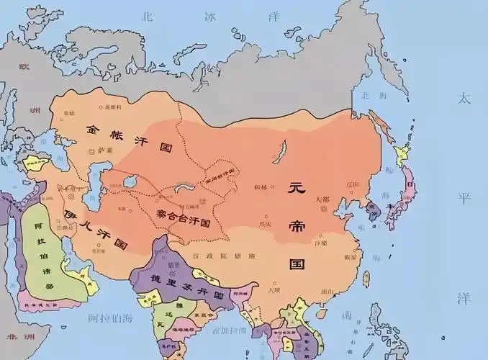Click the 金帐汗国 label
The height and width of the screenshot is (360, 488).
pyautogui.click(x=130, y=138)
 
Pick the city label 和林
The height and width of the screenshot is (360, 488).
pyautogui.click(x=261, y=188)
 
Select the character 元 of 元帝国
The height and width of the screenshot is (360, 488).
pyautogui.click(x=297, y=189)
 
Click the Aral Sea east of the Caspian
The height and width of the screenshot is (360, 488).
pyautogui.click(x=130, y=182)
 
